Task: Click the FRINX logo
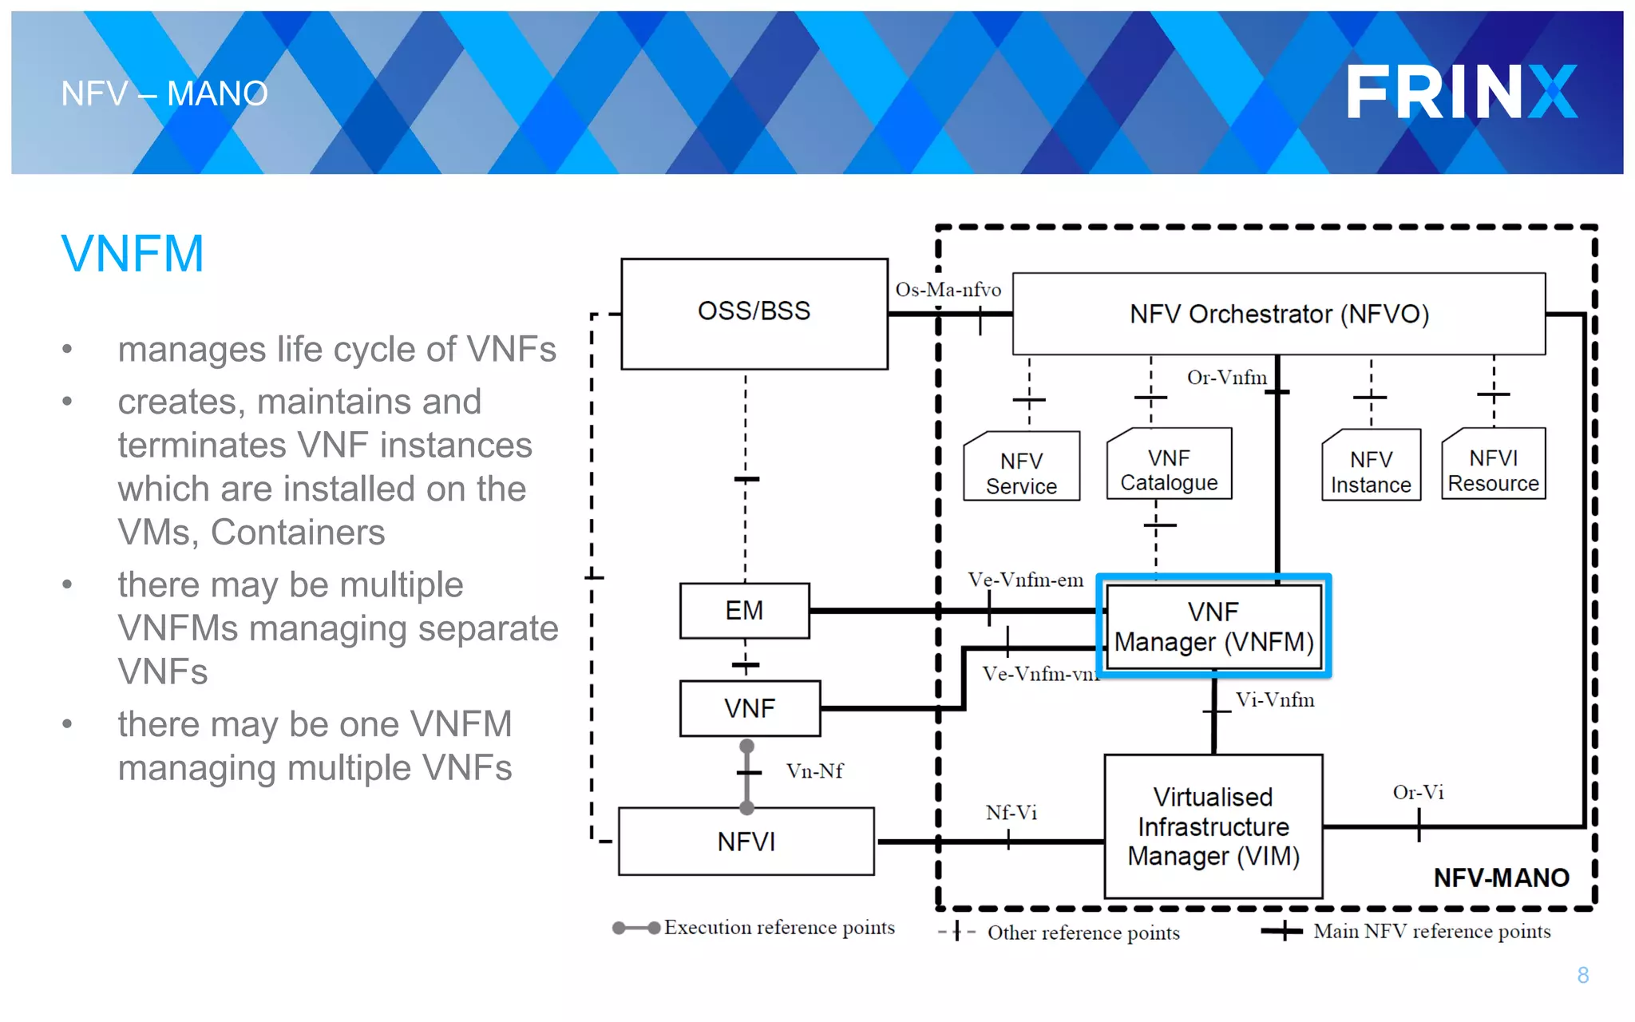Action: tap(1461, 92)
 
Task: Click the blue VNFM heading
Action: tap(133, 254)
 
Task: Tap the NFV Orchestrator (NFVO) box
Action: tap(1278, 314)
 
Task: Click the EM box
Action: tap(744, 611)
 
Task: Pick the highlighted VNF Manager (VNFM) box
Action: tap(1213, 627)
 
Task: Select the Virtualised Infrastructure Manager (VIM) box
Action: tap(1213, 826)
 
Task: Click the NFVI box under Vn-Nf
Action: tap(746, 842)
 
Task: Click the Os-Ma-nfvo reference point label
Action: tap(948, 290)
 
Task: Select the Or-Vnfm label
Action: tap(1226, 378)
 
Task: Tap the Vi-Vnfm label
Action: tap(1275, 700)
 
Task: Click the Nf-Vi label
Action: tap(1011, 813)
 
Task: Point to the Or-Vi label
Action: tap(1418, 792)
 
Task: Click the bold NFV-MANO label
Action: tap(1501, 878)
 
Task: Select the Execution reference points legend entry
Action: tap(778, 928)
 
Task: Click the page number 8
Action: tap(1582, 975)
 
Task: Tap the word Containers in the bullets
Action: tap(298, 533)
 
